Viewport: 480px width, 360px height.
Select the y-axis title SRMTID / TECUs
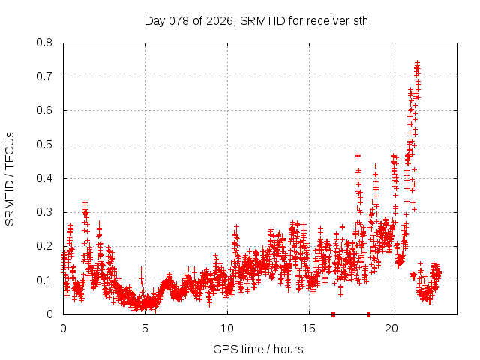(10, 178)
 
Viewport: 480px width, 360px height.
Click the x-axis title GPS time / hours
(258, 349)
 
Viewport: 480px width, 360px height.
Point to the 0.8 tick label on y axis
(46, 43)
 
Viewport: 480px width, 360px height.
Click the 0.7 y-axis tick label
(46, 76)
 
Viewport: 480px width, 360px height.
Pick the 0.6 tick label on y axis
(46, 110)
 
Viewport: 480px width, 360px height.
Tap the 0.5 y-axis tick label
(46, 145)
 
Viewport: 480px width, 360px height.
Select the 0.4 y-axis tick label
(46, 178)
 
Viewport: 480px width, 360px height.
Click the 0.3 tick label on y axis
(46, 212)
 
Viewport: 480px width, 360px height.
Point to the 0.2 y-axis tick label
(46, 246)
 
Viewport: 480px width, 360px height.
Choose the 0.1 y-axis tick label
(46, 280)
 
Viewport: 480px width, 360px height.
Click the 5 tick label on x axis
(145, 328)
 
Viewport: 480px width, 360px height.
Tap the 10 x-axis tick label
(227, 328)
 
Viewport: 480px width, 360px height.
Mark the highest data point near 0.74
(417, 63)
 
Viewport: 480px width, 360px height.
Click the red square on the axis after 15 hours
(333, 314)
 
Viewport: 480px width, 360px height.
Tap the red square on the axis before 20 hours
(368, 314)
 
